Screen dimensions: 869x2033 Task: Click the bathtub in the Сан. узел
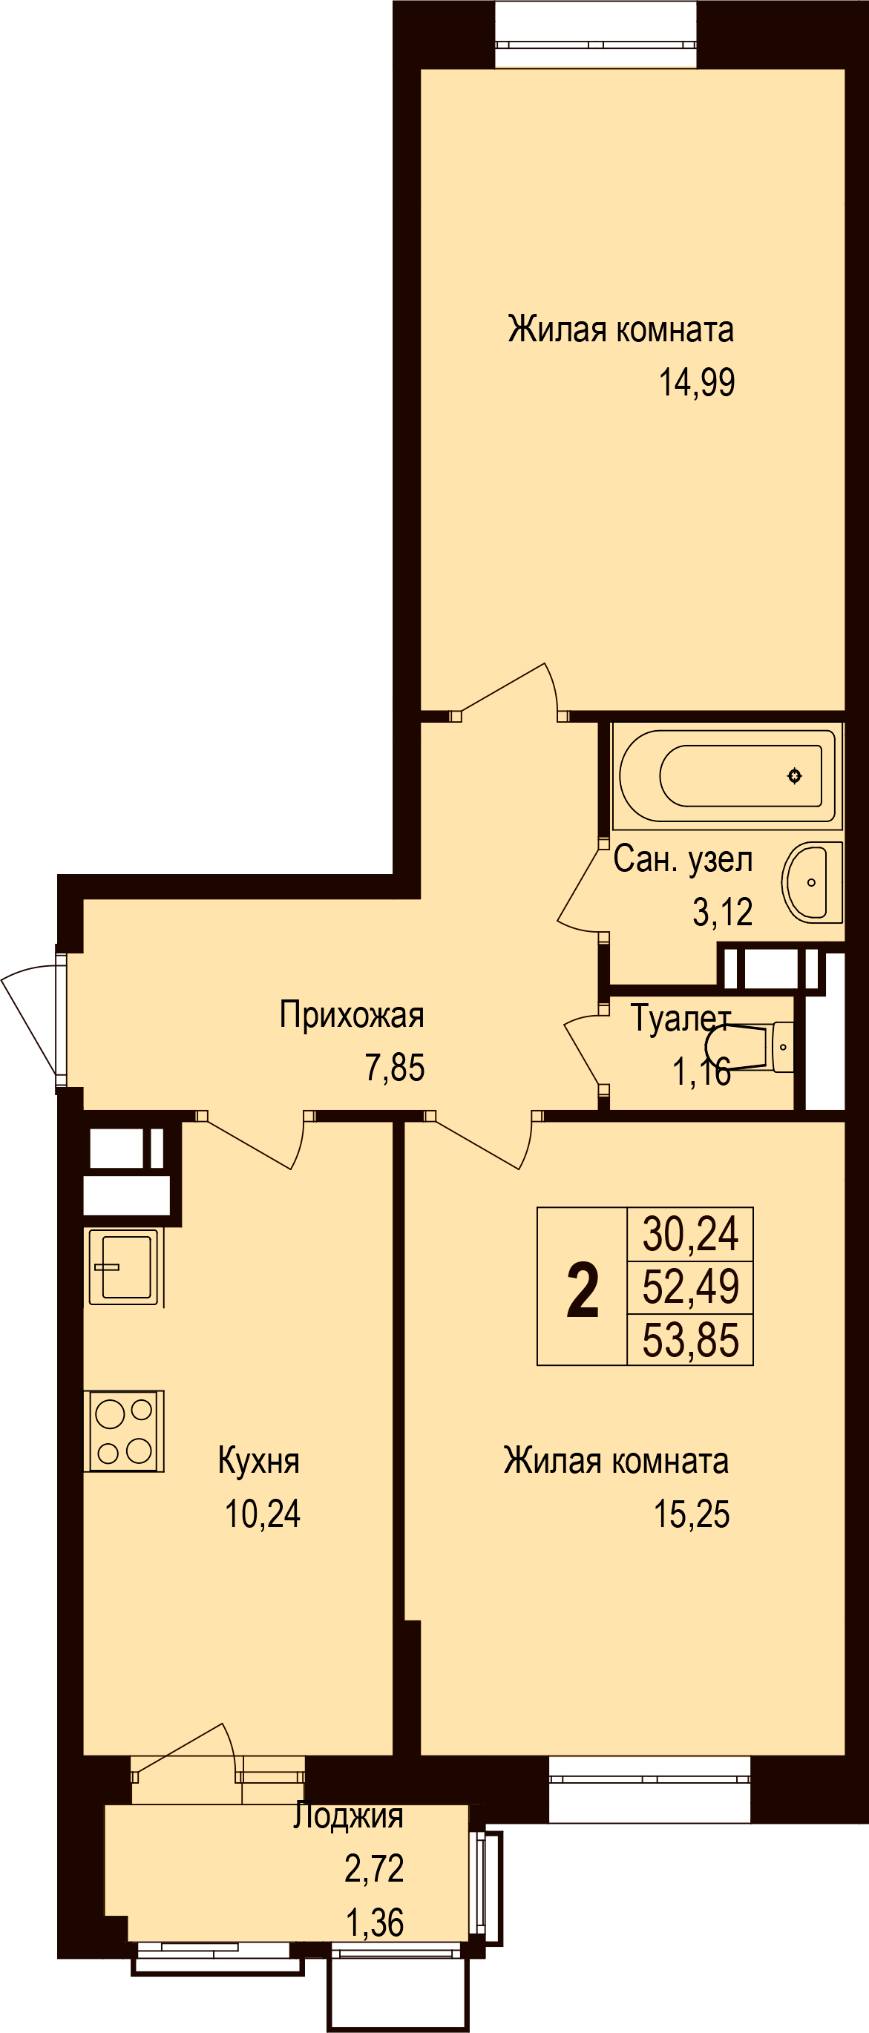[727, 775]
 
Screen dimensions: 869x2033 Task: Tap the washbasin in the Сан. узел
[812, 882]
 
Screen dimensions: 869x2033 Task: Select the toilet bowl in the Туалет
[750, 1046]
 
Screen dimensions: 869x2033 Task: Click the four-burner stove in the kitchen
[124, 1431]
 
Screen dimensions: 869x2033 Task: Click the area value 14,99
[697, 383]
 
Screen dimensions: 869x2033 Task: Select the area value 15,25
[692, 1514]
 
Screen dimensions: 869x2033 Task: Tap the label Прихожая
[352, 1015]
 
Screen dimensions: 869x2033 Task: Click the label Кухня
[259, 1461]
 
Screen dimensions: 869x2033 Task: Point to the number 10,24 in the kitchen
[263, 1514]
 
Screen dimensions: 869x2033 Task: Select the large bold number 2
[583, 1291]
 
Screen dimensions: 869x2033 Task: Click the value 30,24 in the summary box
[691, 1235]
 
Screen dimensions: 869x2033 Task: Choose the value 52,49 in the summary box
[691, 1287]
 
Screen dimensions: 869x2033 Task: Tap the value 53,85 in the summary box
[691, 1341]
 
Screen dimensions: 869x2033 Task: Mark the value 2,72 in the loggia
[374, 1868]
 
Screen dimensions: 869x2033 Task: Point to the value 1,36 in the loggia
[375, 1922]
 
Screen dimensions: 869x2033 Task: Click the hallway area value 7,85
[395, 1068]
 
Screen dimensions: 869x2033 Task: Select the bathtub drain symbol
[794, 776]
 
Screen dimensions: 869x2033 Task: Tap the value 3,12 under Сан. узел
[722, 913]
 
